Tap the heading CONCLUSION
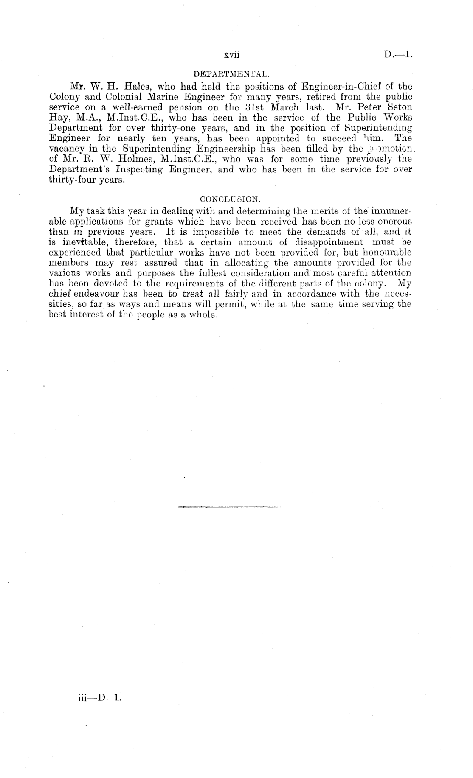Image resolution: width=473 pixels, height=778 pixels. pos(230,199)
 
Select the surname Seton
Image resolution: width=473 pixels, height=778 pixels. pos(397,107)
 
